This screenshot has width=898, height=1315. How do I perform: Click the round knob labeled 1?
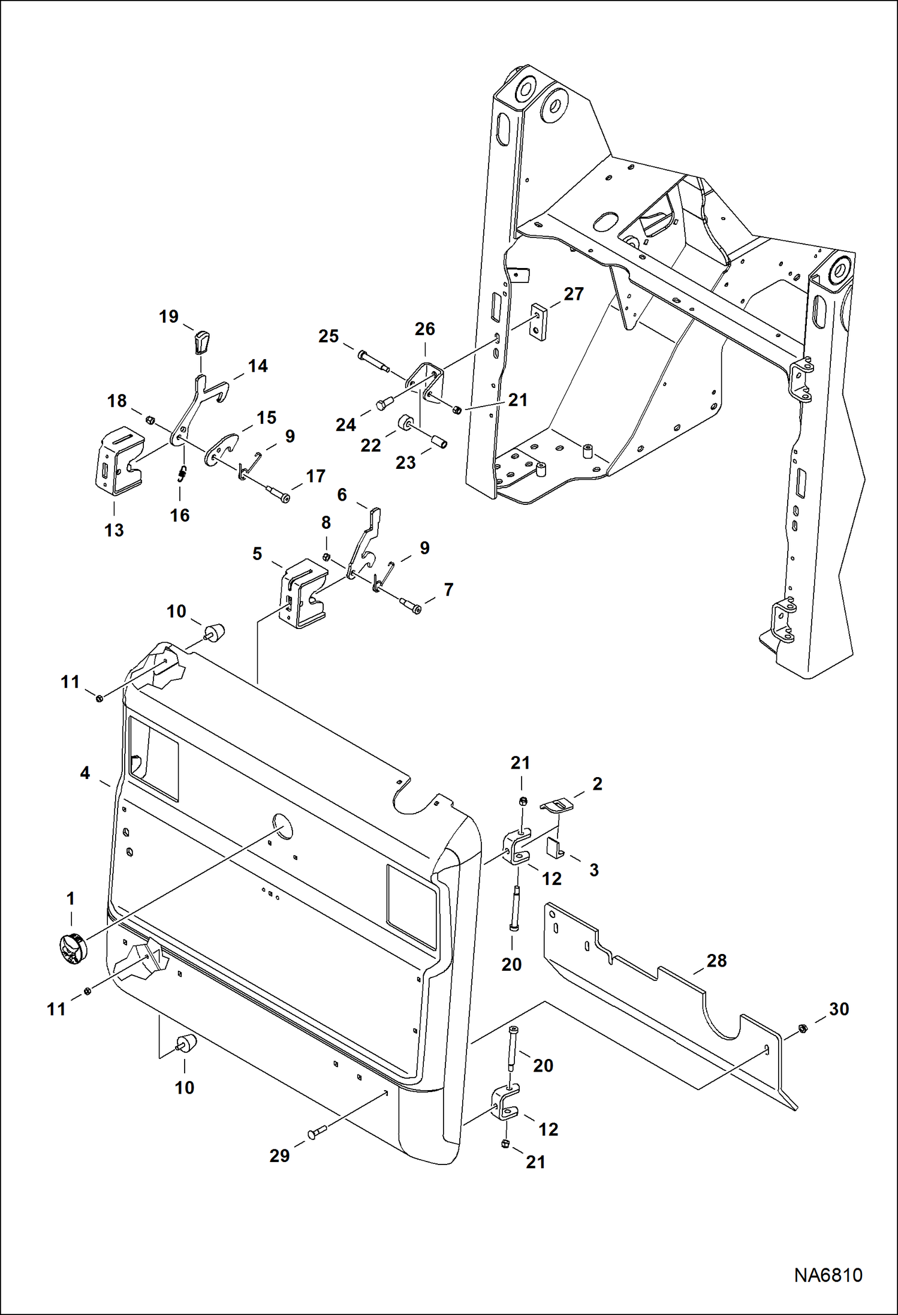click(73, 950)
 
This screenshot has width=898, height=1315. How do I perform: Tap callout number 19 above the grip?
click(169, 317)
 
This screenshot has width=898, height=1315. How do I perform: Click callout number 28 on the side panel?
click(716, 961)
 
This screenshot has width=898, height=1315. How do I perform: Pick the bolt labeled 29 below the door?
click(317, 1132)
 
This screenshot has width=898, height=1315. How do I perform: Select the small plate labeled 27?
click(539, 323)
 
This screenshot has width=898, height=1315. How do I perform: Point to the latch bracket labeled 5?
click(303, 595)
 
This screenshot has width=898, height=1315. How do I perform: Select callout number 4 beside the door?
click(85, 774)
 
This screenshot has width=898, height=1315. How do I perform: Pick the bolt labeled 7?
click(411, 606)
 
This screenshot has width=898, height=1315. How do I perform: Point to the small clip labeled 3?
click(555, 848)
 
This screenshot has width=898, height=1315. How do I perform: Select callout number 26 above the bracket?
click(424, 329)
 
